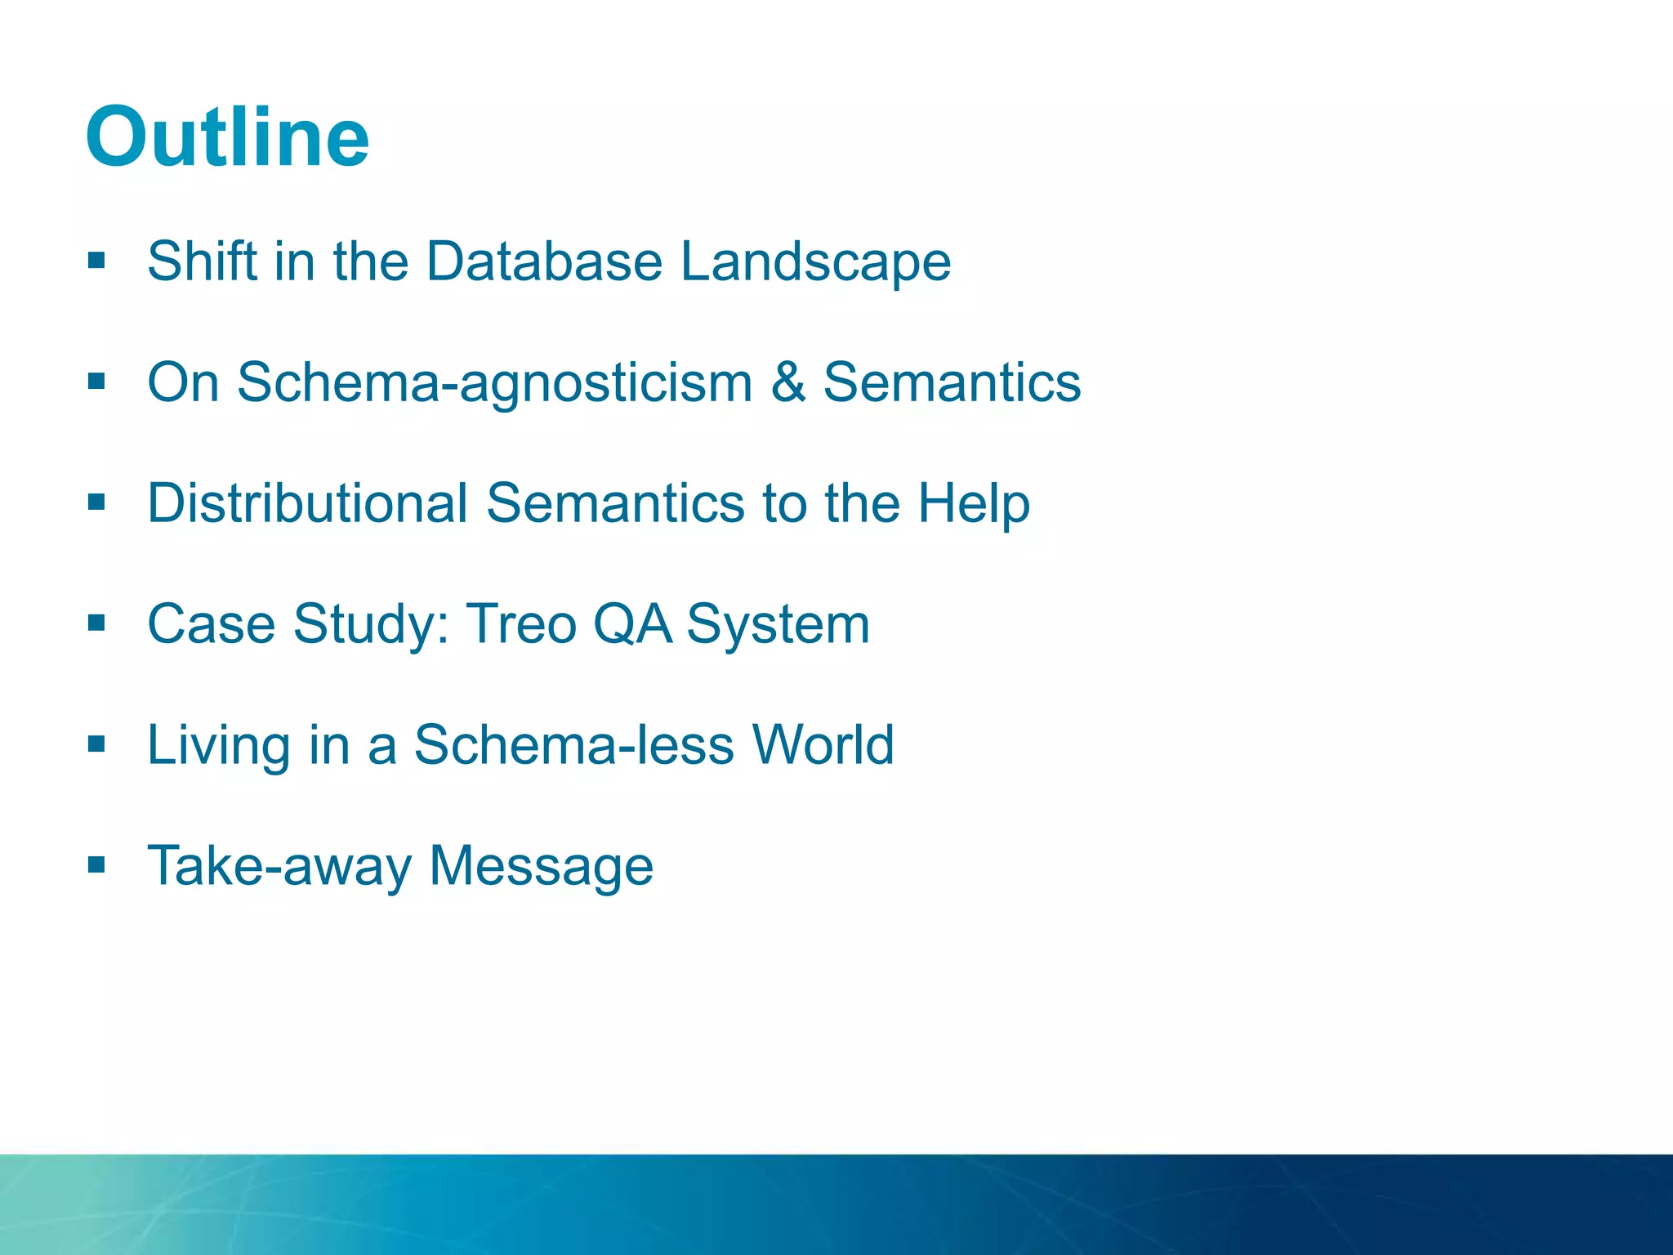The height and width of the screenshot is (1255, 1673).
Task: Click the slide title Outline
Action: pos(227,137)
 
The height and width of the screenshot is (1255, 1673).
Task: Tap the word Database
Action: pos(544,261)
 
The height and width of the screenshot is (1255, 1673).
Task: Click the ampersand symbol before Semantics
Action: pos(787,382)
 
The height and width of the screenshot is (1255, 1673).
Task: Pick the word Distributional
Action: pos(307,502)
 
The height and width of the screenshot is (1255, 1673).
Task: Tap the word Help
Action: pos(973,504)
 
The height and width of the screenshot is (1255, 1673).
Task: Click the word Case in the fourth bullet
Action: pos(211,624)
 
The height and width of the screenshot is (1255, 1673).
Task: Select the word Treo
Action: pos(520,624)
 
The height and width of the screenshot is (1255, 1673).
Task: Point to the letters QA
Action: pos(631,624)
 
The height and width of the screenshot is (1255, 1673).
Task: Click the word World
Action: pos(823,745)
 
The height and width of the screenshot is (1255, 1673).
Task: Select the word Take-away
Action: pos(279,866)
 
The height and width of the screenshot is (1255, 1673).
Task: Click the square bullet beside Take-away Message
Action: pos(97,864)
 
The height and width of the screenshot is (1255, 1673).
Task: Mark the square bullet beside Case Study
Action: pos(97,623)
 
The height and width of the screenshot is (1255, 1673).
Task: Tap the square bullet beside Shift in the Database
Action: pos(97,261)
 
